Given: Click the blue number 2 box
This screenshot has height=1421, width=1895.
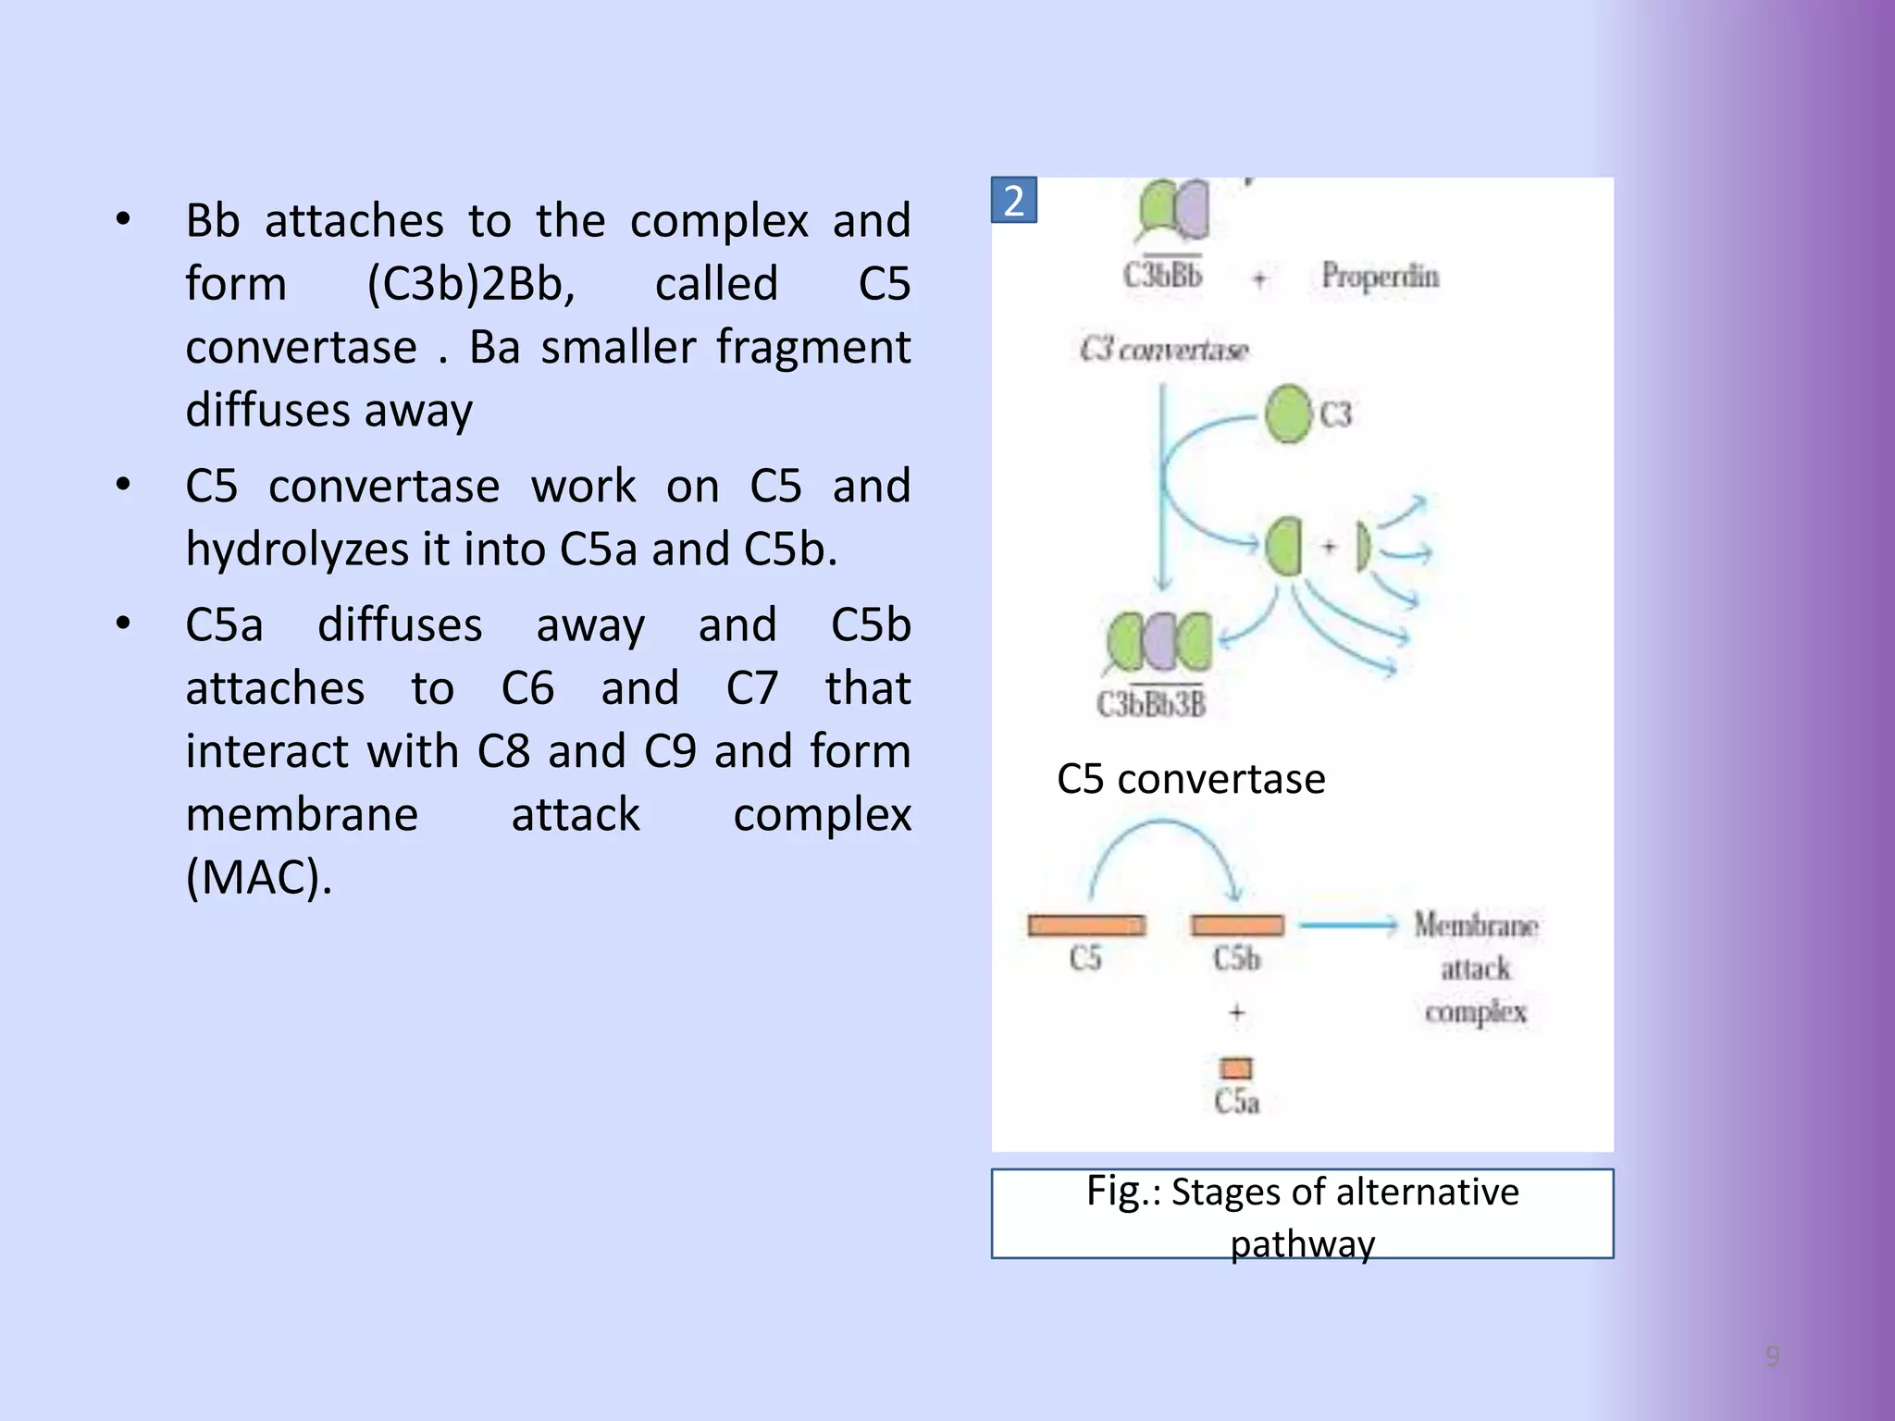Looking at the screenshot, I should pyautogui.click(x=1013, y=200).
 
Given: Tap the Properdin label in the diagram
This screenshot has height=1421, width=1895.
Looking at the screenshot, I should pyautogui.click(x=1380, y=276).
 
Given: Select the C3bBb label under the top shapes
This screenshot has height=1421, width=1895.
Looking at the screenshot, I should pyautogui.click(x=1162, y=275).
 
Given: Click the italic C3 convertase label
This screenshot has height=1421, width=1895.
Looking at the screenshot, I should pyautogui.click(x=1164, y=350).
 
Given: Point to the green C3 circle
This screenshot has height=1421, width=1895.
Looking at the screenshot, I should pyautogui.click(x=1288, y=414).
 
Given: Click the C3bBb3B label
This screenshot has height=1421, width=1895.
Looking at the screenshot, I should pyautogui.click(x=1151, y=704).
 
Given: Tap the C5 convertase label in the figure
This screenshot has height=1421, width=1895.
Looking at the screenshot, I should pyautogui.click(x=1190, y=779).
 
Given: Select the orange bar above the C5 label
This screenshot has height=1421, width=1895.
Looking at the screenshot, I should pyautogui.click(x=1086, y=925).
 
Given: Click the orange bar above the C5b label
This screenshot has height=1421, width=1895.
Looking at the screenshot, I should pyautogui.click(x=1237, y=925).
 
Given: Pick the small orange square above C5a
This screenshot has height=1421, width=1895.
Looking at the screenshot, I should pyautogui.click(x=1236, y=1069).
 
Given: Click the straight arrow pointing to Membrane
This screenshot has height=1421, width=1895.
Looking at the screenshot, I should pyautogui.click(x=1347, y=924).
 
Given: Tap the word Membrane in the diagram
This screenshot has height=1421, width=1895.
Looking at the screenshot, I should pyautogui.click(x=1475, y=925).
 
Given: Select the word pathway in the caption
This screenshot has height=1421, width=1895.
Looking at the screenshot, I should pyautogui.click(x=1302, y=1243).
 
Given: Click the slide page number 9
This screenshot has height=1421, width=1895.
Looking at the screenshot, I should pyautogui.click(x=1772, y=1356).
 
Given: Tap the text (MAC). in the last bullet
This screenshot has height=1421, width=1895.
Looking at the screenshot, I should pyautogui.click(x=258, y=877).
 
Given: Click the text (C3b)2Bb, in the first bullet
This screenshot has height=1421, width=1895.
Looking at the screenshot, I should pyautogui.click(x=471, y=283).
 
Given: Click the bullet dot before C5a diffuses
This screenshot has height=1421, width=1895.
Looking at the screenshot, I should pyautogui.click(x=123, y=623).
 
